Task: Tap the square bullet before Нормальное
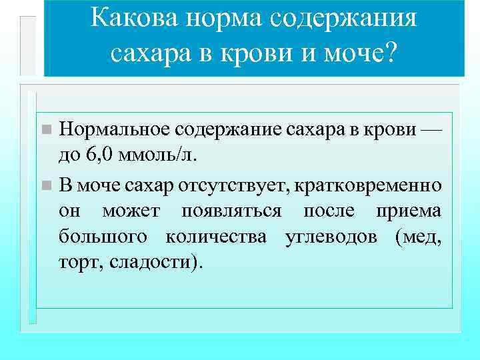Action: point(45,129)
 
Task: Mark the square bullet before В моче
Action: point(45,183)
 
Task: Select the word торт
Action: point(76,263)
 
